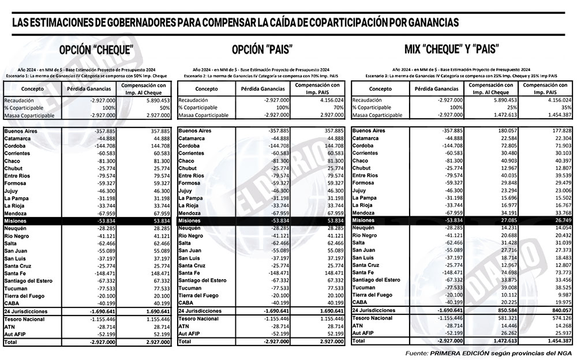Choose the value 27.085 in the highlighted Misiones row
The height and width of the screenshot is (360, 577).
508,220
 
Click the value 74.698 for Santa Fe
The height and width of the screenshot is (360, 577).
508,273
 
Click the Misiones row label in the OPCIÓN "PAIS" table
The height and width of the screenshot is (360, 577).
191,220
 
